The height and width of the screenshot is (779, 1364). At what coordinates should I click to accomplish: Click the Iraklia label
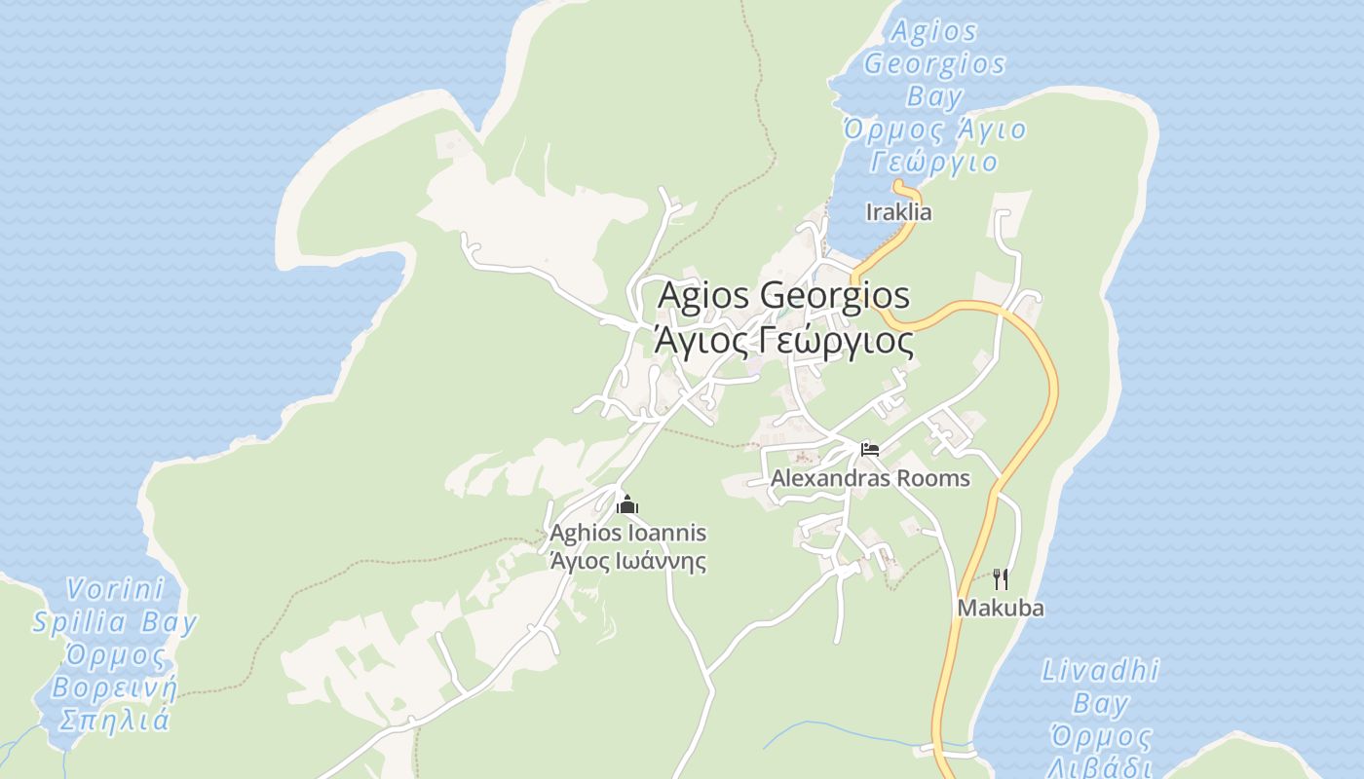[898, 212]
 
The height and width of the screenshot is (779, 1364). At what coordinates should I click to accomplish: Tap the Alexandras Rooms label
[870, 478]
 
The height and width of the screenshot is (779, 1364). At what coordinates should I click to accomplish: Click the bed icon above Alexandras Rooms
[870, 449]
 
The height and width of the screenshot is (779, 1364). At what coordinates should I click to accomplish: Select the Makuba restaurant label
[1001, 609]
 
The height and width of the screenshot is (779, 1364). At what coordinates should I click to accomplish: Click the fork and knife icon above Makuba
[1001, 579]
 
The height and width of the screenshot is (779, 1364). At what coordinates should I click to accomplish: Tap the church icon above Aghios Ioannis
[627, 504]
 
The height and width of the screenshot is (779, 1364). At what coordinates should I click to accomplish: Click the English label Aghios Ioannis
[627, 534]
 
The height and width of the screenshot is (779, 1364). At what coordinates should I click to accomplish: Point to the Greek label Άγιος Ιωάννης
[627, 562]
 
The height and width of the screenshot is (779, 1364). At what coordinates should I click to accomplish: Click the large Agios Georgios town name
[784, 295]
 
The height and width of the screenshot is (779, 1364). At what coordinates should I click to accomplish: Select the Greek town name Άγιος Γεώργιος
[784, 342]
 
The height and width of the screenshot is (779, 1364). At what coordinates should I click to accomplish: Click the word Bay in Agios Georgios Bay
[934, 96]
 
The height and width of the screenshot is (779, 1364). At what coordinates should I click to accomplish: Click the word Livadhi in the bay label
[1101, 671]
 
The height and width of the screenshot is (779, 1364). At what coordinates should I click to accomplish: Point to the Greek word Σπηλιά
[115, 721]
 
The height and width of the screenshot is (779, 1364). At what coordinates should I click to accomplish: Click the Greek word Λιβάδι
[1100, 766]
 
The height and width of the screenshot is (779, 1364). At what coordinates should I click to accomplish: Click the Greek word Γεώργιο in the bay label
[934, 162]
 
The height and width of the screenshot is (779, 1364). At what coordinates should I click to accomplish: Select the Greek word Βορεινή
[115, 688]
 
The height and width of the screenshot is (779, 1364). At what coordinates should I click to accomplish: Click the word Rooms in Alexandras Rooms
[932, 478]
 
